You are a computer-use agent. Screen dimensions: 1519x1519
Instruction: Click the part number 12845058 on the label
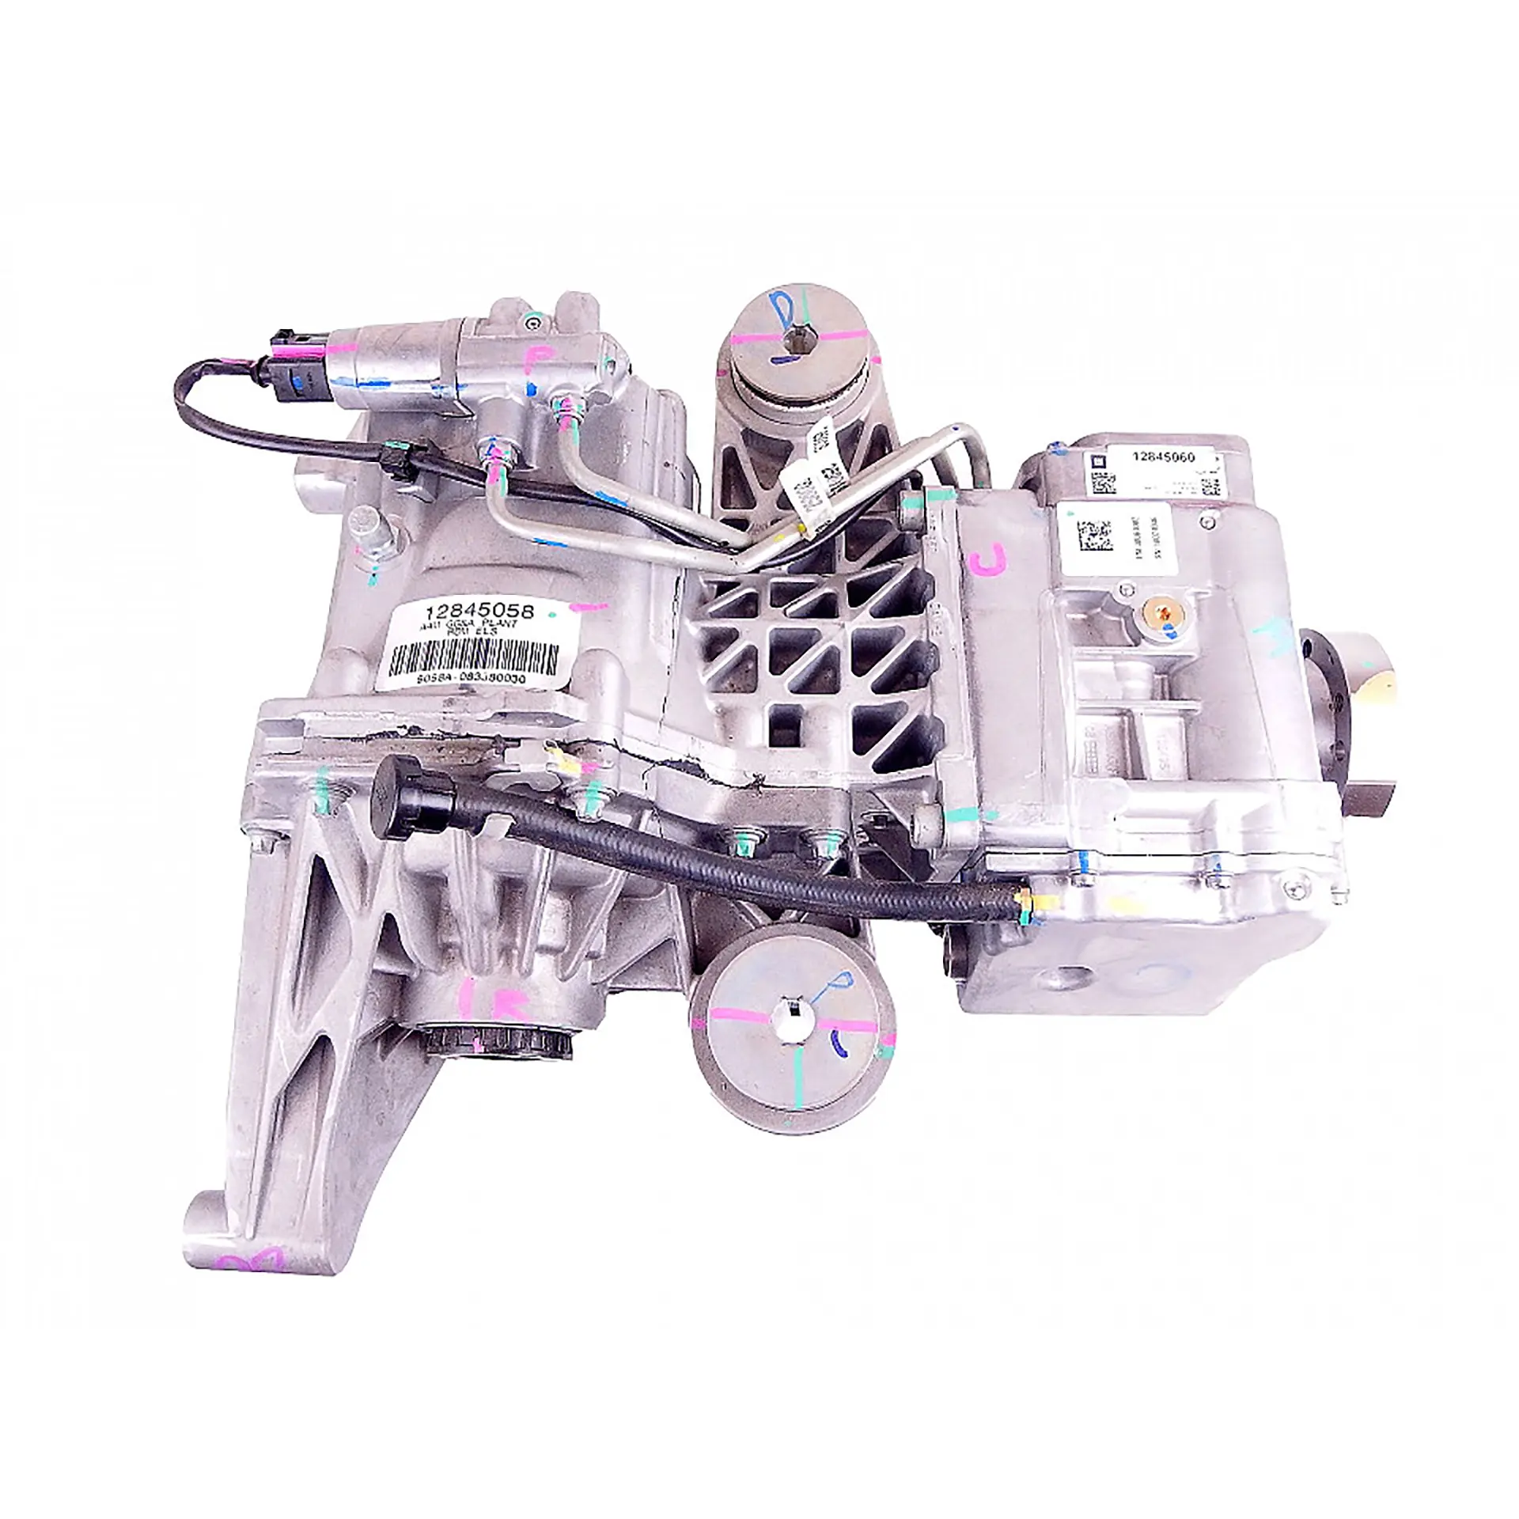click(x=479, y=612)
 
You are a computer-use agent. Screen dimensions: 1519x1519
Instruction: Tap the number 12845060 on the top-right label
click(x=1163, y=457)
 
